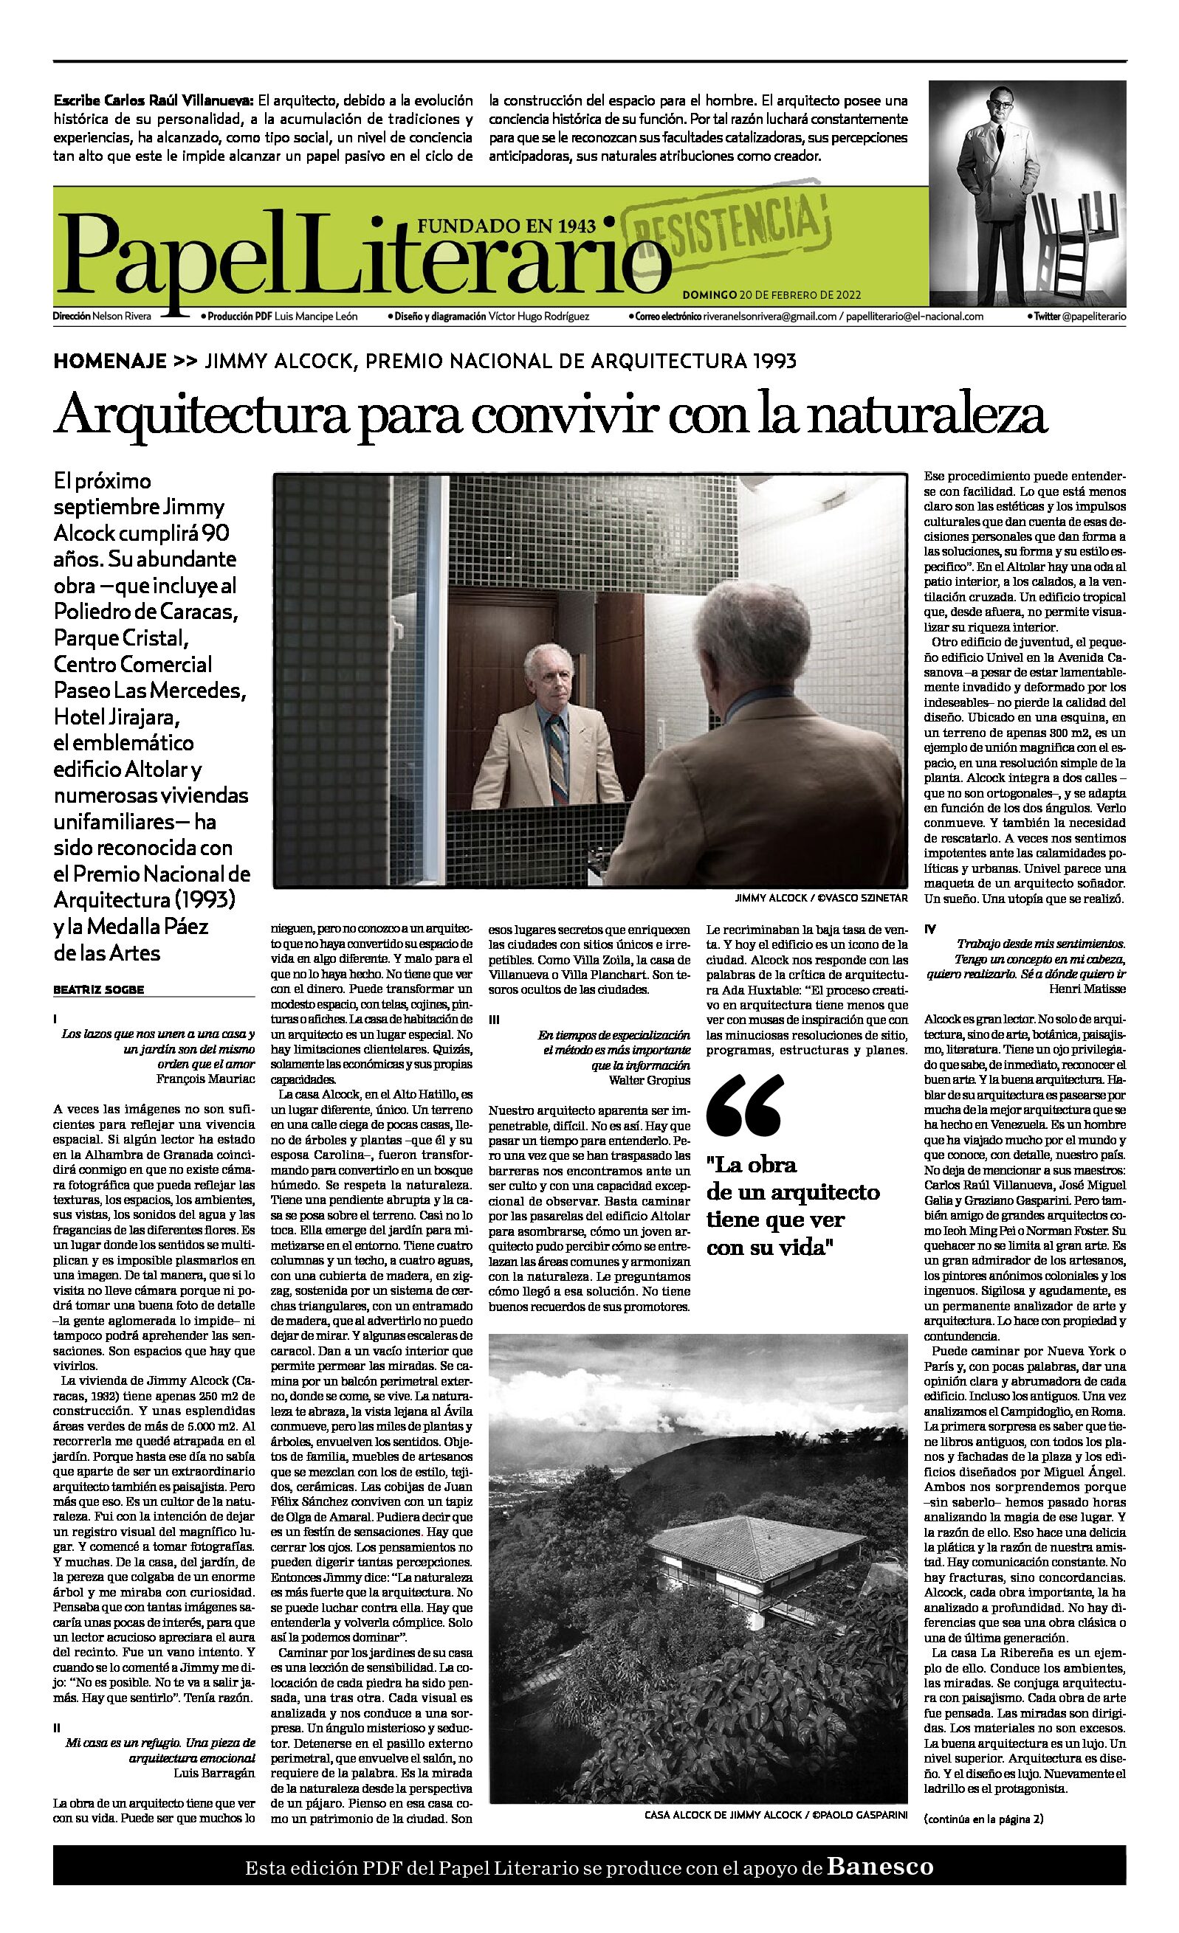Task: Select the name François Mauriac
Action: (x=206, y=1079)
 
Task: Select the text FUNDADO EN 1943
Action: (x=506, y=227)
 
